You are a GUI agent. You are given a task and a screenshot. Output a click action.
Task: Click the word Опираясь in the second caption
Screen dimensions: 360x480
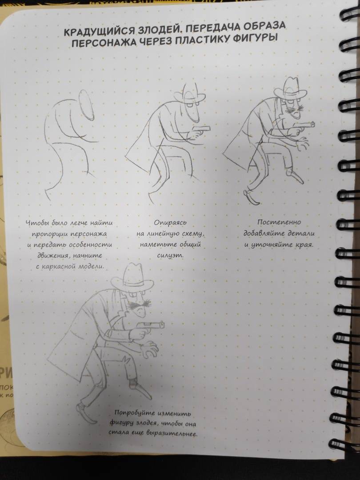point(170,223)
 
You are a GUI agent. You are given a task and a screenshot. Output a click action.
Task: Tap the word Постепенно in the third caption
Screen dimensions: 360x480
point(279,222)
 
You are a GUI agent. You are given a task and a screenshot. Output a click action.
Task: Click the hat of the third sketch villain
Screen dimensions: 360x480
point(290,88)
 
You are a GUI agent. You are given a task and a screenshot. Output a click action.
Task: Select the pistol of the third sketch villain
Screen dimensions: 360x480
point(304,125)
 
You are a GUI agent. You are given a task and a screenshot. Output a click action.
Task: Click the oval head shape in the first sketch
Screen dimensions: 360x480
point(86,105)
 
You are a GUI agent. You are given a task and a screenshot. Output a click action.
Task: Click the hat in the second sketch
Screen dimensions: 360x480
point(190,94)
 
